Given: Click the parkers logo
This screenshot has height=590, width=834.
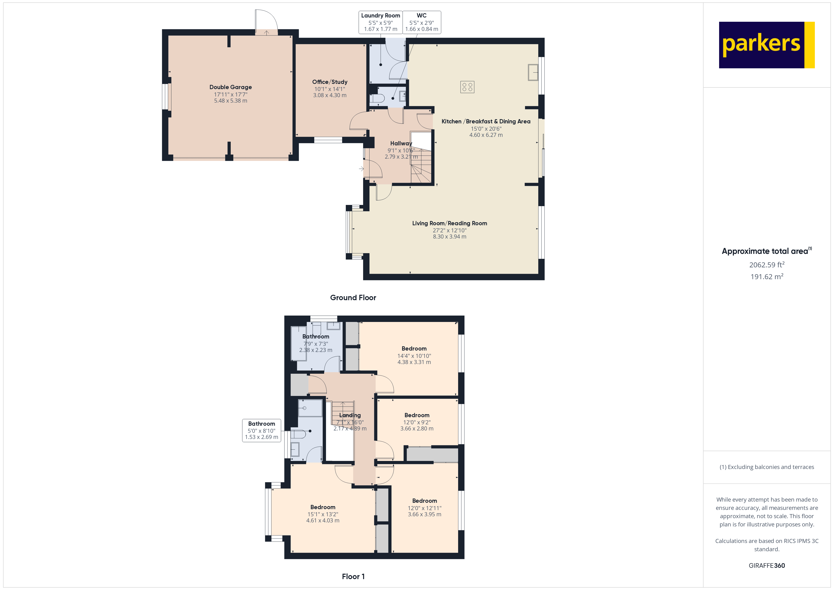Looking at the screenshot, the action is click(x=766, y=45).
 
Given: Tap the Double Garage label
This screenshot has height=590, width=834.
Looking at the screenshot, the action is click(x=231, y=87).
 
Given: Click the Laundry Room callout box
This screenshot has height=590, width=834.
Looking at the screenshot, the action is click(x=381, y=22).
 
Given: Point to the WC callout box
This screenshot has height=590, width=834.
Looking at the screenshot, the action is click(x=422, y=22).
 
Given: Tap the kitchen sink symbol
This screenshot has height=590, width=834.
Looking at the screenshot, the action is click(x=533, y=72).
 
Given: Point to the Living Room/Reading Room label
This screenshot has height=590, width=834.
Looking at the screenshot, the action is click(x=450, y=223).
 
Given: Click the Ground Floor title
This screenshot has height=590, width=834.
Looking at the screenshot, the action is click(x=353, y=298).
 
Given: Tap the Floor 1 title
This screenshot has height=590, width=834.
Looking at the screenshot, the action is click(x=353, y=577).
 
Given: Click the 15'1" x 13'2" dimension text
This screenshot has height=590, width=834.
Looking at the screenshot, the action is click(x=323, y=514).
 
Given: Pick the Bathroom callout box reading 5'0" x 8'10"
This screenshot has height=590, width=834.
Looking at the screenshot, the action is click(x=261, y=430).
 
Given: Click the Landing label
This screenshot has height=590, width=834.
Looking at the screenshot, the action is click(x=350, y=415).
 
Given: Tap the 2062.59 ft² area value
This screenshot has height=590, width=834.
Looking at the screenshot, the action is click(x=767, y=265).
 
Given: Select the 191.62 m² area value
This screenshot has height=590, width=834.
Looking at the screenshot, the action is click(x=767, y=277).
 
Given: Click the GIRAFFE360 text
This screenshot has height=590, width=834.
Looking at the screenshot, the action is click(x=767, y=566).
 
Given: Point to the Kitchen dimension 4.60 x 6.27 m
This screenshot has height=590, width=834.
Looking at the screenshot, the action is click(x=486, y=135).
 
